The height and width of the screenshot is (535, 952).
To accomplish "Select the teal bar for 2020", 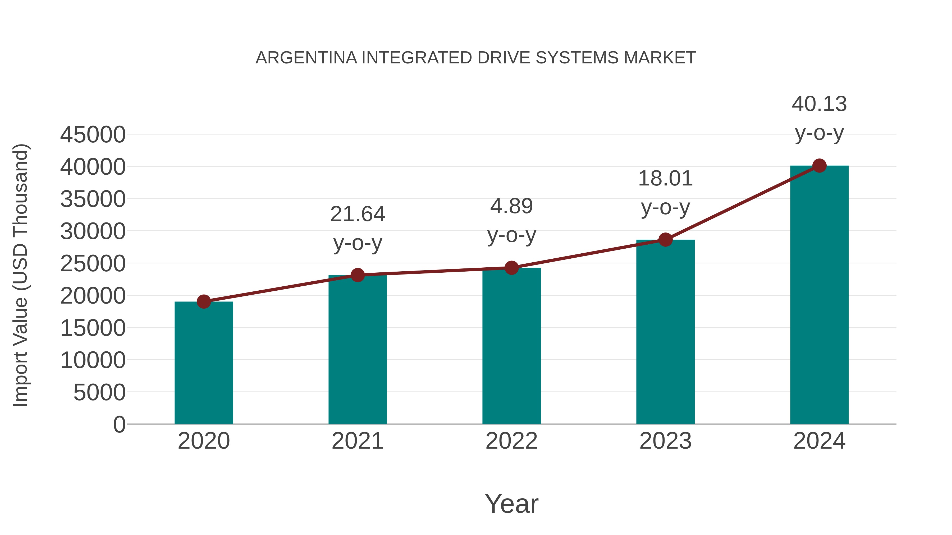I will tap(204, 364).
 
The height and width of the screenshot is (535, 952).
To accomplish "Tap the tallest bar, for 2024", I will tap(819, 295).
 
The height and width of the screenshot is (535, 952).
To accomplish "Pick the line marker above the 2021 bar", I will tap(357, 275).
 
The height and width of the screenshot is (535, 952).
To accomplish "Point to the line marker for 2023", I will tap(665, 240).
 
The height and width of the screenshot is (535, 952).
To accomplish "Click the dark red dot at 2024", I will tap(819, 166).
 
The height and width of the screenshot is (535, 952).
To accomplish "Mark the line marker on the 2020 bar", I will tap(204, 302).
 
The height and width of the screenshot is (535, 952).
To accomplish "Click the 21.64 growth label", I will tap(357, 214).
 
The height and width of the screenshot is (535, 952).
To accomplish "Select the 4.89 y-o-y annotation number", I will tap(511, 206).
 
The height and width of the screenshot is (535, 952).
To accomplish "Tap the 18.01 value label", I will tap(665, 179).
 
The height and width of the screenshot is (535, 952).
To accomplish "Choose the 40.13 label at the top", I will tap(819, 104).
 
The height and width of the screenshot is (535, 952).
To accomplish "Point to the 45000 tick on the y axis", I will tap(93, 135).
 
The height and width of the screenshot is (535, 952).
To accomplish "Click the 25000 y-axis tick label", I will tap(93, 264).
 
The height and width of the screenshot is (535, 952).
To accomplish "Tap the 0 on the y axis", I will tap(119, 424).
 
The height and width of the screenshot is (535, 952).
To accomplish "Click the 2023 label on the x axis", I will tap(665, 441).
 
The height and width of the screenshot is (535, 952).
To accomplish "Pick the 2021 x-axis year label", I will tap(357, 441).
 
